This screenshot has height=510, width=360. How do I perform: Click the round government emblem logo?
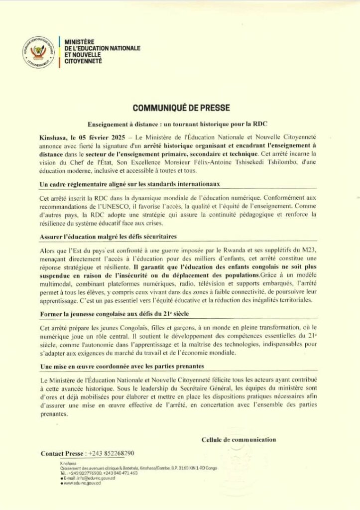pyautogui.click(x=38, y=52)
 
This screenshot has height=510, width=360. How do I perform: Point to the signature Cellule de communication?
pyautogui.click(x=239, y=439)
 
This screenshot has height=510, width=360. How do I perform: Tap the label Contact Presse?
pyautogui.click(x=62, y=453)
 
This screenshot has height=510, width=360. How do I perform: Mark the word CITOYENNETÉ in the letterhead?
pyautogui.click(x=83, y=61)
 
